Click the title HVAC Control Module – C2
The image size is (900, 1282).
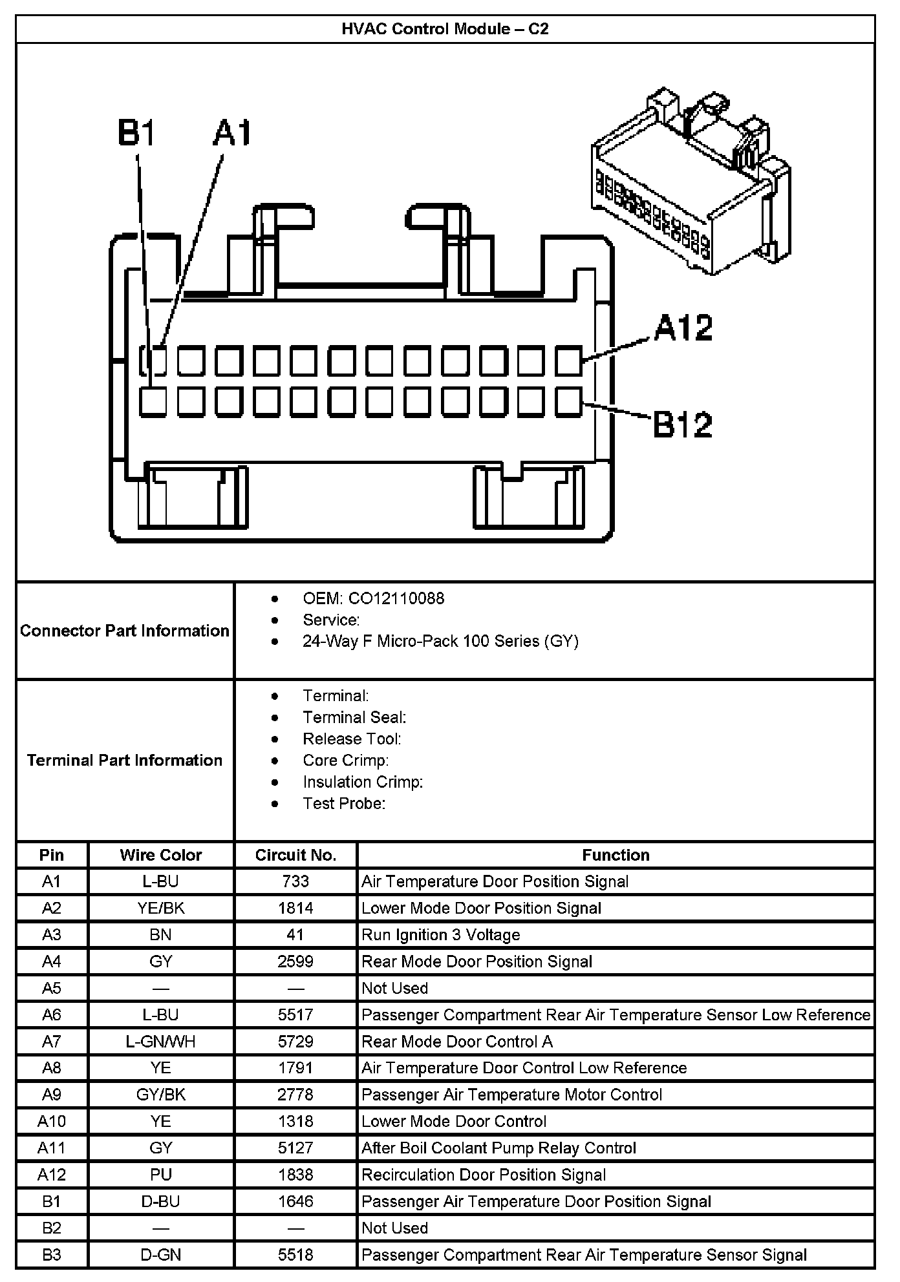pos(445,29)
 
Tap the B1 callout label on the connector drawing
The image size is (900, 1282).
pos(136,133)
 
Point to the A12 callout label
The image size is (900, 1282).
pos(683,328)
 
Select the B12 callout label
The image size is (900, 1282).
pos(682,425)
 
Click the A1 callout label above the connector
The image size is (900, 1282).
pos(232,133)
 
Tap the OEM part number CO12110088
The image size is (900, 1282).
pos(396,598)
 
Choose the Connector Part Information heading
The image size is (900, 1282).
pos(125,631)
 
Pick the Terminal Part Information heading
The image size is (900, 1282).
pos(125,760)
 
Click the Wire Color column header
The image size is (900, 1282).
pos(161,855)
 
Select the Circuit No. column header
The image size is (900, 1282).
pos(295,855)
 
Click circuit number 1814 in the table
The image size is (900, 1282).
pos(295,908)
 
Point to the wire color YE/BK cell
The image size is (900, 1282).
pos(161,908)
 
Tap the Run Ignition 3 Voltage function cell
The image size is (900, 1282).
pos(440,935)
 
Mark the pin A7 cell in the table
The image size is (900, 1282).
pos(52,1041)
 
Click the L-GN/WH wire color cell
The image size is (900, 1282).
pos(161,1041)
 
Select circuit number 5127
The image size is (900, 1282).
pos(295,1148)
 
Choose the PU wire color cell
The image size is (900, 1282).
pos(161,1174)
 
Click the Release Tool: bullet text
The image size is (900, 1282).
pos(352,739)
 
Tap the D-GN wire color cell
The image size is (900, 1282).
pos(161,1254)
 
